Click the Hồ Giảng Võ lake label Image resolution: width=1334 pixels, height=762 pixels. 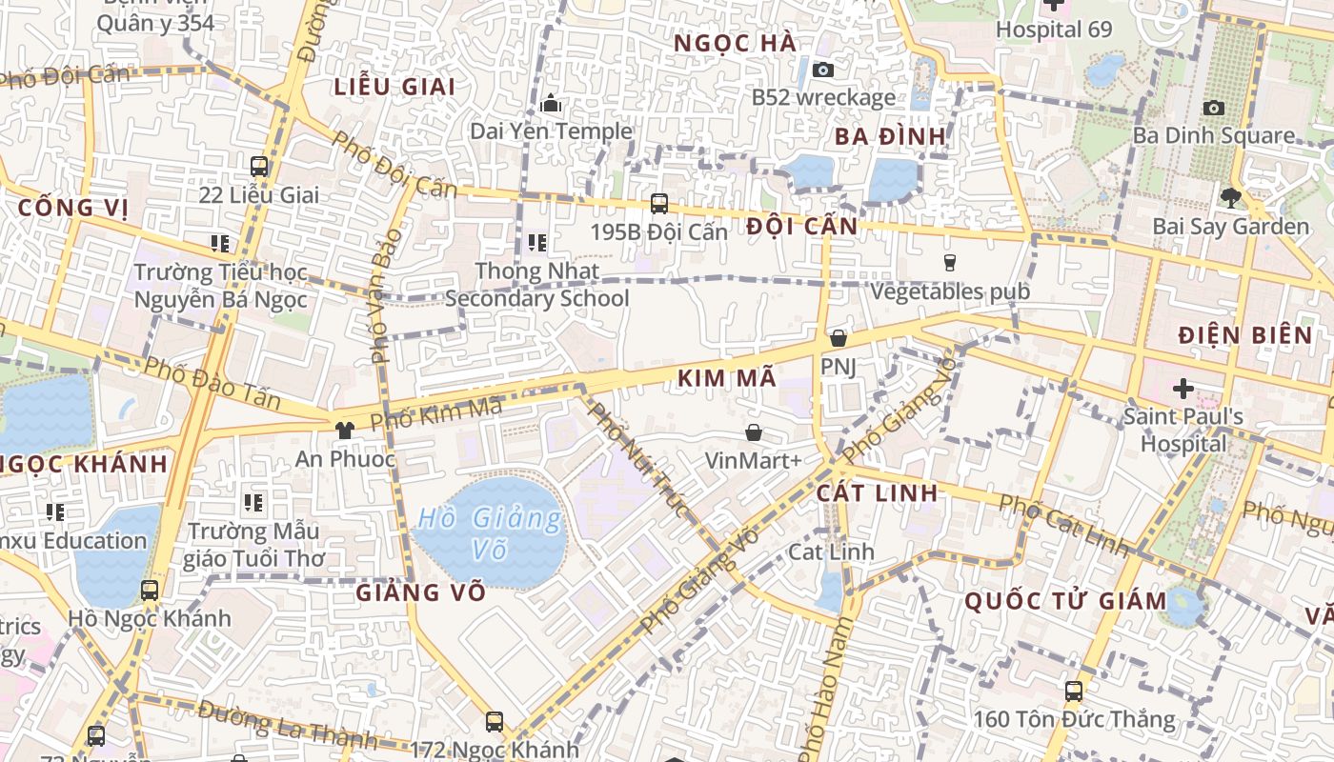coord(490,533)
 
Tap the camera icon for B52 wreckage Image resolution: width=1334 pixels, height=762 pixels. coord(823,70)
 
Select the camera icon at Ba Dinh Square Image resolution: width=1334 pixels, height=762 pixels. coord(1213,108)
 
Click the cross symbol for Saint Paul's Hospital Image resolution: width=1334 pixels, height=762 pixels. coord(1182,389)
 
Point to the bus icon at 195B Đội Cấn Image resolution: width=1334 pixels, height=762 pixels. coord(658,203)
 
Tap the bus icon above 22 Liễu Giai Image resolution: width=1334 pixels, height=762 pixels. coord(258,167)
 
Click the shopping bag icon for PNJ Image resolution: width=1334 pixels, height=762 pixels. coord(838,338)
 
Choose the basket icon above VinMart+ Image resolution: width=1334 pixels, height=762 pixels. coord(754,433)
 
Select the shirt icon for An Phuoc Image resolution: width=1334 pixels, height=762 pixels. coord(344,431)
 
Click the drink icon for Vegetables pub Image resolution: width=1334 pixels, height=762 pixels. coord(949,263)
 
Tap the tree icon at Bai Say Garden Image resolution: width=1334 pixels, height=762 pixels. coord(1230,198)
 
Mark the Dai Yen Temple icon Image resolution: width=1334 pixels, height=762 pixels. coord(551,103)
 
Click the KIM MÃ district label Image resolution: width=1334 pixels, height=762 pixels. coord(727,378)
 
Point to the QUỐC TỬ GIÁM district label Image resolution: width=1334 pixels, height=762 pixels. coord(1064,601)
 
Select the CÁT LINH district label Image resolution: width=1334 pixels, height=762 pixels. coord(877,492)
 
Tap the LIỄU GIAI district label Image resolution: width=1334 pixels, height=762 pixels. coord(394,86)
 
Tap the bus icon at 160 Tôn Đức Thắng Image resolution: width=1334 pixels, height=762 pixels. coord(1074,692)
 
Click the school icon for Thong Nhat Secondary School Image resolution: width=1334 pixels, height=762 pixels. coord(536,243)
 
